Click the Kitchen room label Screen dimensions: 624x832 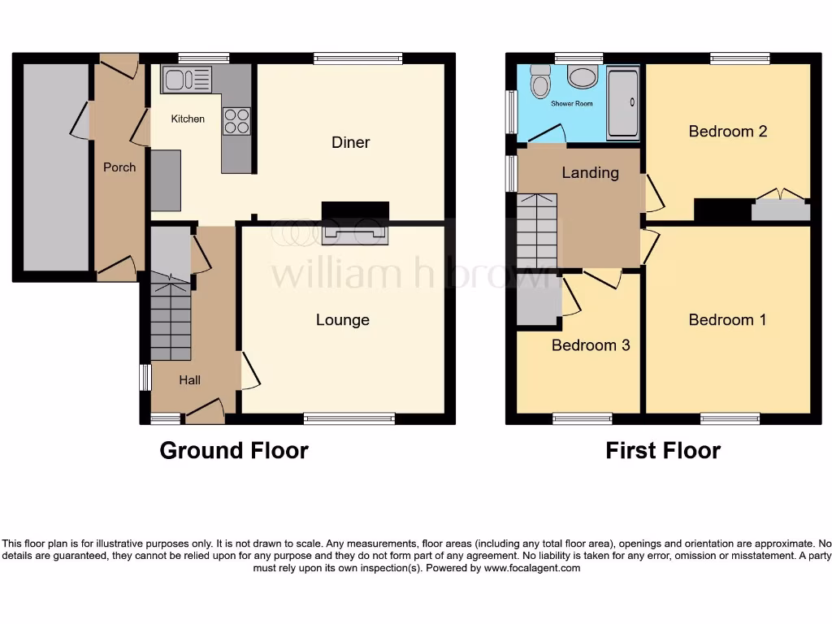188,119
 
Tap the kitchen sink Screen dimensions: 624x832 186,80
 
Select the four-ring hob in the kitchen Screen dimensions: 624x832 236,121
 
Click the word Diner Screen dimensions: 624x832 350,142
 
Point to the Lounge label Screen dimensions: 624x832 342,319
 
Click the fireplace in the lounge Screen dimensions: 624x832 355,234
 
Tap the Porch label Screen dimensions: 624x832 119,167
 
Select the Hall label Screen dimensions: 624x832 189,379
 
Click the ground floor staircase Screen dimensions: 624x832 171,320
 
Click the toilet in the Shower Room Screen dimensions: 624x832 540,81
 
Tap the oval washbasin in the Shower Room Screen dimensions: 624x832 582,77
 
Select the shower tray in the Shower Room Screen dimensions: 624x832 623,103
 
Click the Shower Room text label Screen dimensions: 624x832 572,104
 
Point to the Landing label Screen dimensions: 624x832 591,172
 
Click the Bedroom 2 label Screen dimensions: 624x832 727,131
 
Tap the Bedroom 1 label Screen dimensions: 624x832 727,319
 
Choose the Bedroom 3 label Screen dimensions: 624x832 591,345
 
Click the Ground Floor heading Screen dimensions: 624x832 234,450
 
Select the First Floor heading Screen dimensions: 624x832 663,450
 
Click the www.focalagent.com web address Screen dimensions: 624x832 532,569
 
